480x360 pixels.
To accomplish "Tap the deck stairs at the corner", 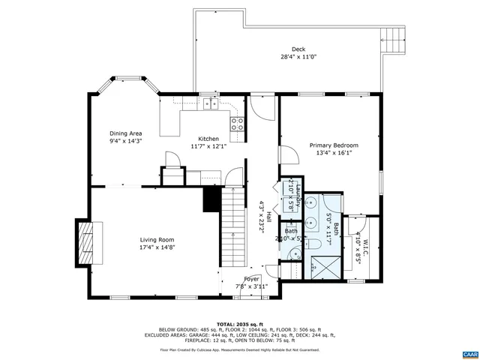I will [392, 37].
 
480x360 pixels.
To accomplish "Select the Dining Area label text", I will [125, 133].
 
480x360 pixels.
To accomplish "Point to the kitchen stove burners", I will [238, 123].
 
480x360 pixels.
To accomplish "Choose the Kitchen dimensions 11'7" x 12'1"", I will [208, 146].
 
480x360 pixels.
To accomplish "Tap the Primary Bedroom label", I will [334, 145].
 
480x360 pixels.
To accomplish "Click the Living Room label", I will [156, 240].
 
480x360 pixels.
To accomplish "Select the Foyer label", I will [251, 278].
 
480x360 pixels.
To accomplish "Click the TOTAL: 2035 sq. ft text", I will [240, 319].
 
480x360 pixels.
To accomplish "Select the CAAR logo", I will [469, 351].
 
